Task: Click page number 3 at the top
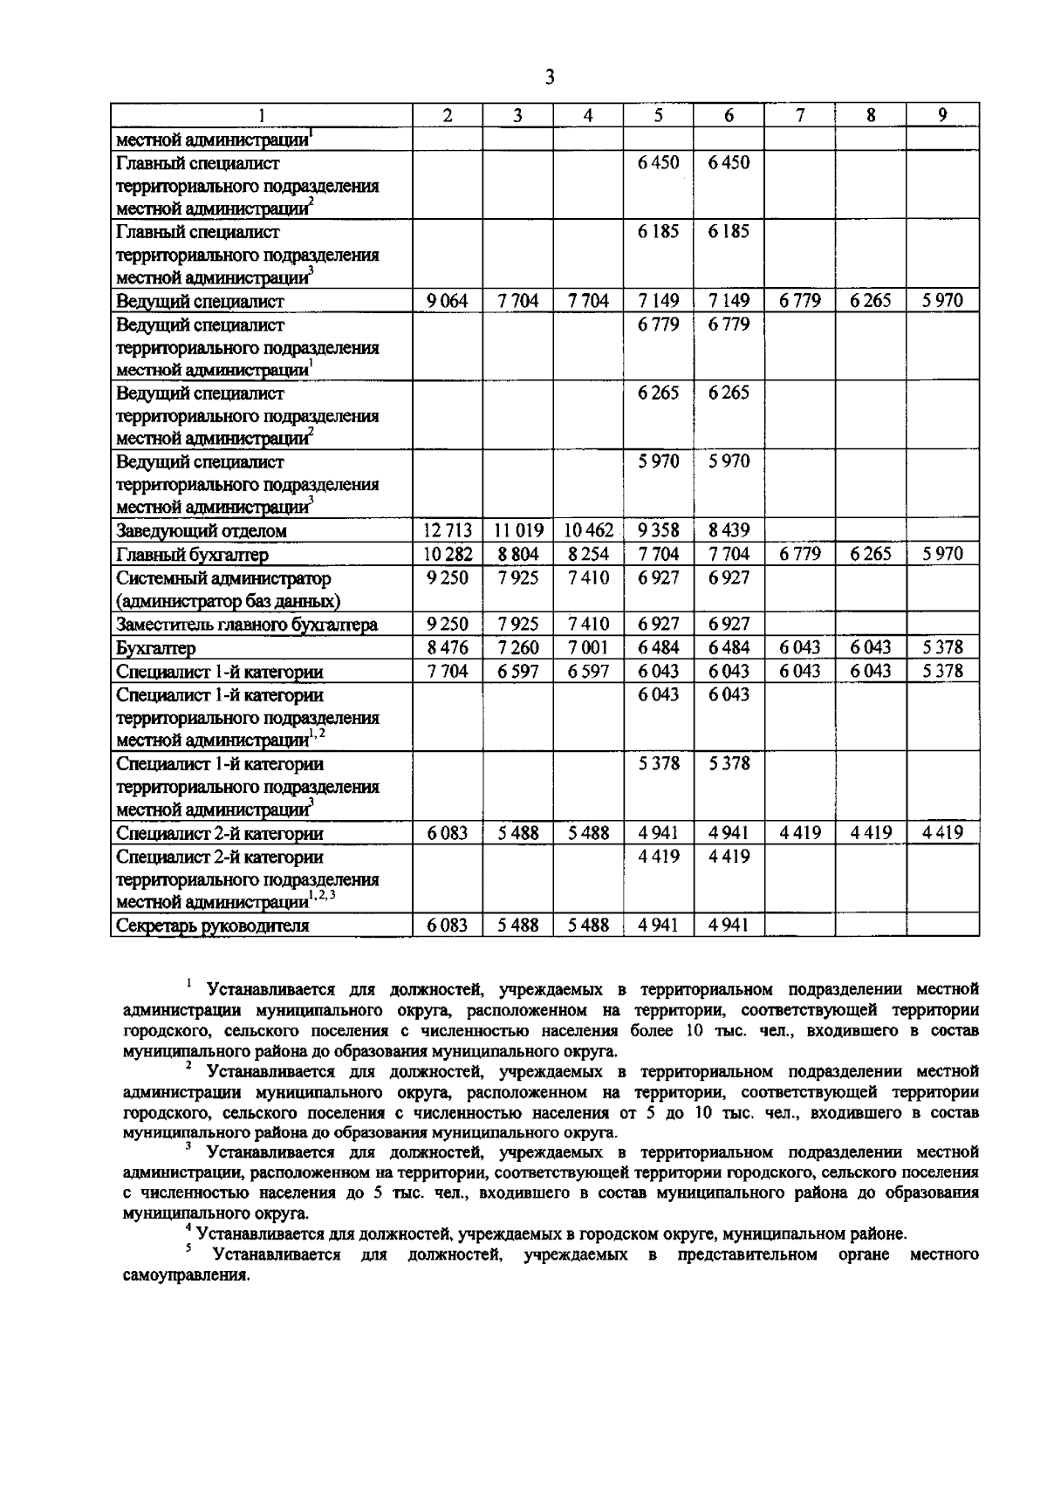(549, 78)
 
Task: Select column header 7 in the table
(800, 115)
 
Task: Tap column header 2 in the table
(448, 115)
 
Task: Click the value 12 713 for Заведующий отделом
(448, 530)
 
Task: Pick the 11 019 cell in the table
(518, 530)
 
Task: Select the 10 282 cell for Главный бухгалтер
(448, 554)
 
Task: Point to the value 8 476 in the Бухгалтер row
(448, 647)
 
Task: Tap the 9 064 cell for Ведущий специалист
(448, 301)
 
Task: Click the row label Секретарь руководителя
(213, 926)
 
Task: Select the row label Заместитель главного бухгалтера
(247, 625)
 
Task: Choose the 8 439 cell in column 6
(729, 530)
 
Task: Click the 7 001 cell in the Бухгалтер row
(589, 647)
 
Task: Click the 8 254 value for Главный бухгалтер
(589, 554)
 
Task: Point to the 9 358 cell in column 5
(659, 530)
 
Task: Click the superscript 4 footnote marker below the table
(188, 1229)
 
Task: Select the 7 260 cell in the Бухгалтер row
(518, 647)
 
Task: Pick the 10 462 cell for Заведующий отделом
(589, 530)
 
